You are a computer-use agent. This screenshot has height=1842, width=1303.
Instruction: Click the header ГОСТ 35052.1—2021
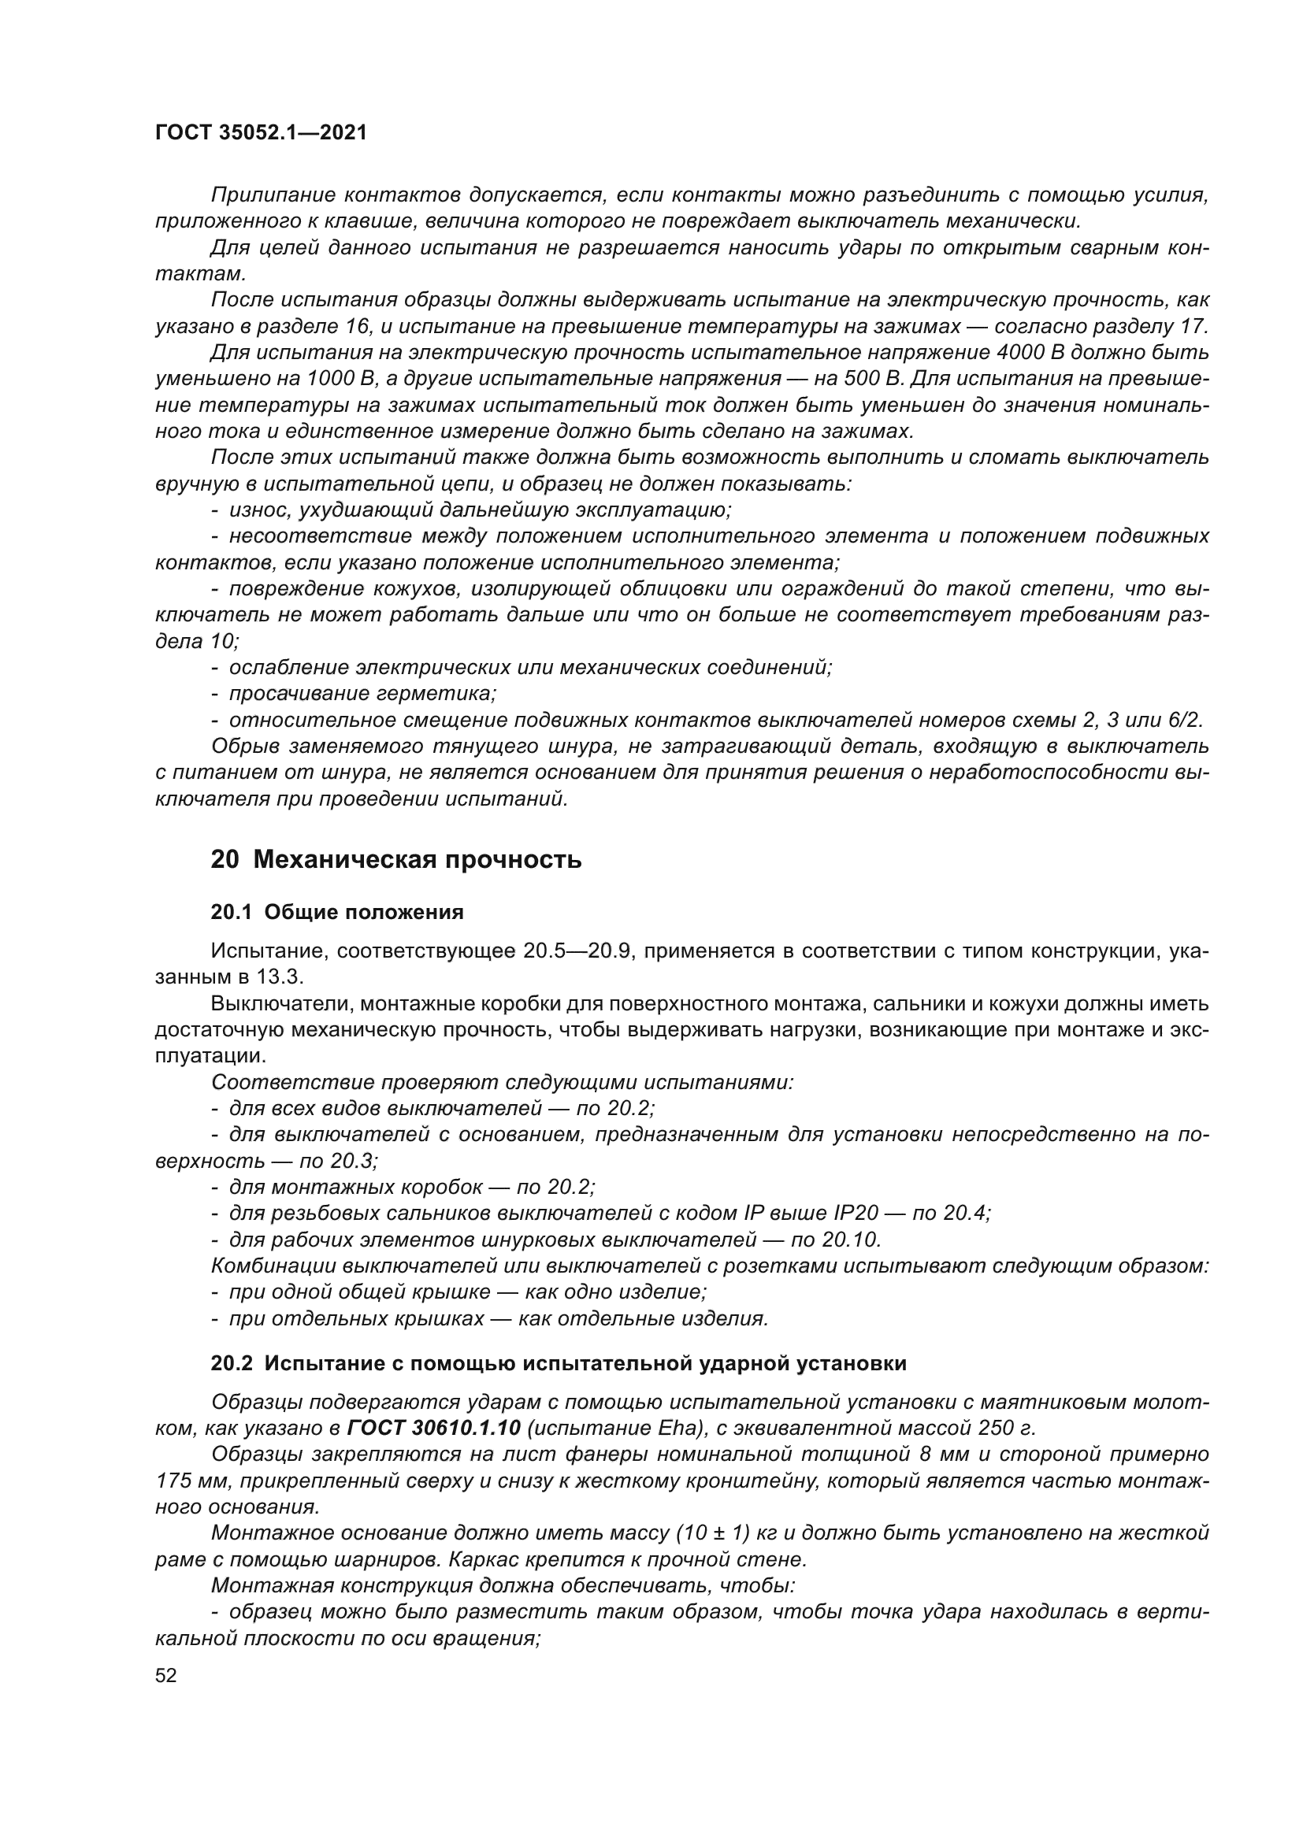pos(261,133)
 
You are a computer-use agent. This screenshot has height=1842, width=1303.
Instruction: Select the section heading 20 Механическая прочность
pos(395,860)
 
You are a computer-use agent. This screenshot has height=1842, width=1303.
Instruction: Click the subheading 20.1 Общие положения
pos(337,912)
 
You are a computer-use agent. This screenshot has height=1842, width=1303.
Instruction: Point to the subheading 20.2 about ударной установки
pos(559,1363)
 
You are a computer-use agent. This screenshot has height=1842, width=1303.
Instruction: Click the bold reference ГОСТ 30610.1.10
pos(435,1428)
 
